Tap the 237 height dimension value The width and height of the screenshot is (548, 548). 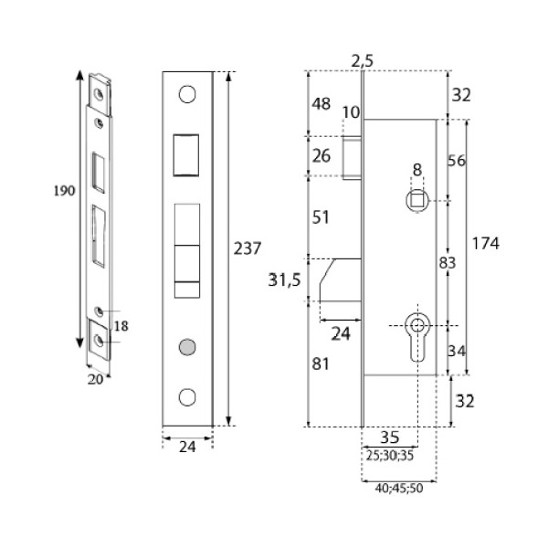(x=248, y=248)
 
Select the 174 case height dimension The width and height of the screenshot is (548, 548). (x=488, y=243)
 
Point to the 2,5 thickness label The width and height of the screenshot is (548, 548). (x=363, y=61)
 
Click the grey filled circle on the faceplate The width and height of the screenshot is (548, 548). (x=188, y=346)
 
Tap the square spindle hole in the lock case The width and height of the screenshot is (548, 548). (x=416, y=199)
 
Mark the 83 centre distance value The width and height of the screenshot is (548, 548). (x=448, y=263)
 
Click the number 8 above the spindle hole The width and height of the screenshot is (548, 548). (x=416, y=170)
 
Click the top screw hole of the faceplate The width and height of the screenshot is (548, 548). (x=188, y=94)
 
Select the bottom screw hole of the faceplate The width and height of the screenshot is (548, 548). (x=188, y=397)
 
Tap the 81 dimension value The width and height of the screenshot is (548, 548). (x=321, y=363)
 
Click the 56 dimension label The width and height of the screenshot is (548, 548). (x=457, y=161)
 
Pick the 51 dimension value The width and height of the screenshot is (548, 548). (x=321, y=217)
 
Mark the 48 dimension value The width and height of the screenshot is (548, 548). (x=321, y=104)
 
